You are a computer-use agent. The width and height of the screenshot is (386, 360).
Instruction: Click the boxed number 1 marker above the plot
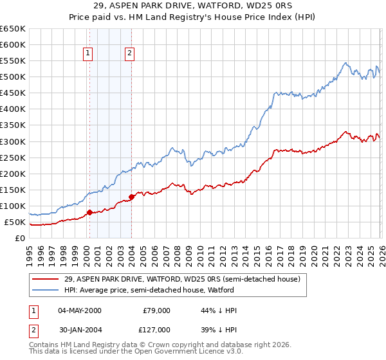87,54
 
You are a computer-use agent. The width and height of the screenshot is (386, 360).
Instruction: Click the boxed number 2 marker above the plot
130,54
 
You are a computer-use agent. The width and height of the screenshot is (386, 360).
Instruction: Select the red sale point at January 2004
131,197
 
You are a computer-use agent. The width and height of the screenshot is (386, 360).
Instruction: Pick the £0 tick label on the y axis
21,238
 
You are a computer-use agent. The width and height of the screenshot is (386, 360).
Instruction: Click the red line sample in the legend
46,279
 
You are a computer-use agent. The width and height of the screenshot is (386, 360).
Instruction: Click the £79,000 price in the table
156,310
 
